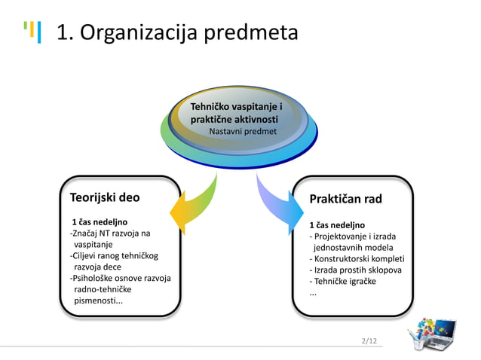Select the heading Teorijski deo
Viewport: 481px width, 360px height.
tap(105, 198)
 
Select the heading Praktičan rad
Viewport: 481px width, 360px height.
tap(345, 199)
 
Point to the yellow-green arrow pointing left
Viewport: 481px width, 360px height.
tap(195, 204)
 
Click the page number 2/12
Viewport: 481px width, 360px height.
tap(370, 341)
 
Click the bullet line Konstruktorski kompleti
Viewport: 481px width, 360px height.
tap(356, 258)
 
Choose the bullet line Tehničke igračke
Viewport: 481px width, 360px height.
tap(342, 281)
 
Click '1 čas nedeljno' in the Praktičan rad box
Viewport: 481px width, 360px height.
tap(337, 224)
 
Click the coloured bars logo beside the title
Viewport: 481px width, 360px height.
tap(32, 32)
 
